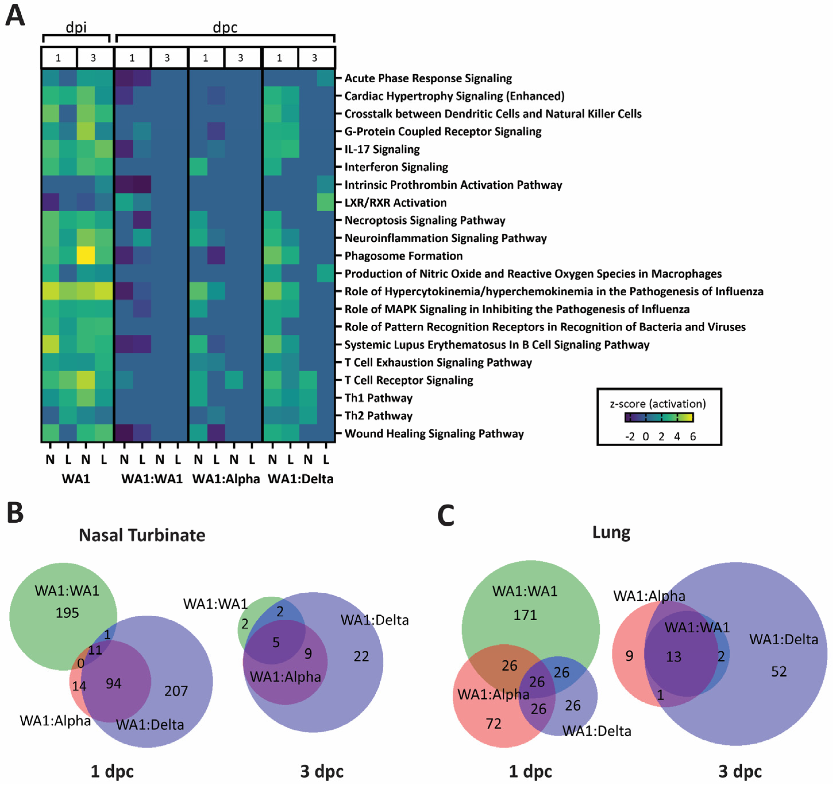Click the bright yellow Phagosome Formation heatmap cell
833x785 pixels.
point(86,255)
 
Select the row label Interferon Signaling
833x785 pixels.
point(396,167)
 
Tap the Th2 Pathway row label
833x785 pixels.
point(378,416)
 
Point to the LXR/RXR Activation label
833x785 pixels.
point(395,203)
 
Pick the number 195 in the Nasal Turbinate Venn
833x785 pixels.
point(67,613)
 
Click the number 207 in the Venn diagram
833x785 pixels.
point(176,691)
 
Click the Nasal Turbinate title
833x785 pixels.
point(142,535)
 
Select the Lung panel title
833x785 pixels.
point(611,532)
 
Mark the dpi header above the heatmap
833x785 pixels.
point(76,27)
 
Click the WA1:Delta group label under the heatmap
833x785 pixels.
point(301,479)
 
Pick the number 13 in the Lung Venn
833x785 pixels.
point(673,656)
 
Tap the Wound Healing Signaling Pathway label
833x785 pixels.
point(434,434)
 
